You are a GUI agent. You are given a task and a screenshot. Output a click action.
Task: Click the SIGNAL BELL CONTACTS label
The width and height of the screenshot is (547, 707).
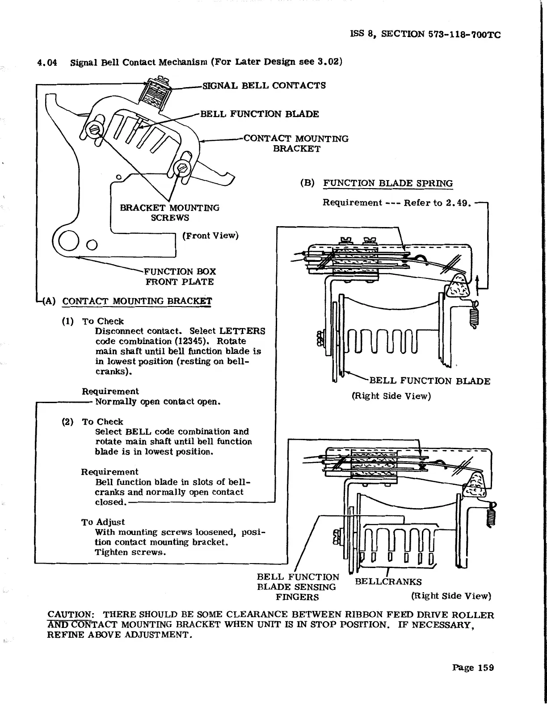pyautogui.click(x=264, y=85)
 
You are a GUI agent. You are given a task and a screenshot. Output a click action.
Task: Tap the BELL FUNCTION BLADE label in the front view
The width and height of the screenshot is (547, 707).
pyautogui.click(x=259, y=114)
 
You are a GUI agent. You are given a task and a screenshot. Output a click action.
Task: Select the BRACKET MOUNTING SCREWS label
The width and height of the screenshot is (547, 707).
pyautogui.click(x=170, y=213)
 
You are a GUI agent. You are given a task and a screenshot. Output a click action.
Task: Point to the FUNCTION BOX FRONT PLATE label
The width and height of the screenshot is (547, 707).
pyautogui.click(x=180, y=277)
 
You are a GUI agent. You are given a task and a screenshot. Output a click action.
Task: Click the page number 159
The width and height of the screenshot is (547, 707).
pyautogui.click(x=473, y=668)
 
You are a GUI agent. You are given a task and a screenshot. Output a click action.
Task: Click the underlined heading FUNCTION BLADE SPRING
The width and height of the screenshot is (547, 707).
pyautogui.click(x=387, y=183)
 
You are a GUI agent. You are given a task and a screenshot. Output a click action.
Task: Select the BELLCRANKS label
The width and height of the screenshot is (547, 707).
pyautogui.click(x=388, y=581)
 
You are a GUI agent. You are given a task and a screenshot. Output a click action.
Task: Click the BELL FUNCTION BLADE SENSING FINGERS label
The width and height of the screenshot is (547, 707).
pyautogui.click(x=297, y=587)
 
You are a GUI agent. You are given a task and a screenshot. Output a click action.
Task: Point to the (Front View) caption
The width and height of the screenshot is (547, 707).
pyautogui.click(x=210, y=236)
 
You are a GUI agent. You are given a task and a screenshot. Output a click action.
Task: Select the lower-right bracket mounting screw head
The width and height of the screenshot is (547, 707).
pyautogui.click(x=182, y=168)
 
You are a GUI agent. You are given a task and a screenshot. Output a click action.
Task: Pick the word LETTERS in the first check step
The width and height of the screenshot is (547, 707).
pyautogui.click(x=242, y=331)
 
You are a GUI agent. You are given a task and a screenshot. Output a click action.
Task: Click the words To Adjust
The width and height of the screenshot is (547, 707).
pyautogui.click(x=103, y=522)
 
